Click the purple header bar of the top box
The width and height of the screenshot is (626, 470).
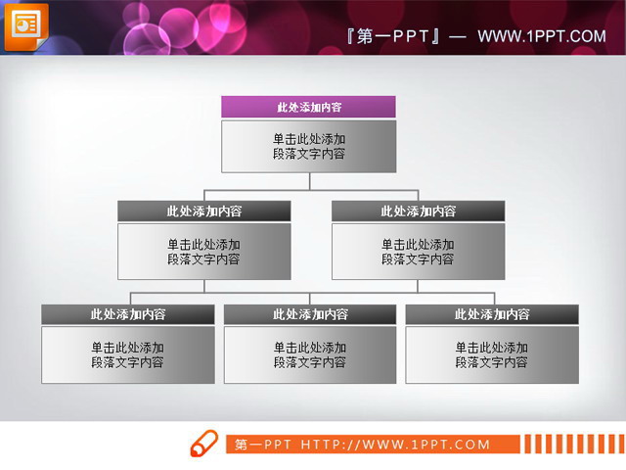(308, 107)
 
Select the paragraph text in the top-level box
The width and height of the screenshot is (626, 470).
(309, 147)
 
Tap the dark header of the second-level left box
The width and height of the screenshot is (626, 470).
(204, 211)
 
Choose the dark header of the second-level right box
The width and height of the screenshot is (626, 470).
(418, 211)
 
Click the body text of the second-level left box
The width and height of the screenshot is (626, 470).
(204, 252)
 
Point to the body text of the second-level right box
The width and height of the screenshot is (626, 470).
(418, 252)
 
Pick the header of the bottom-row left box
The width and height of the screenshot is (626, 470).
(128, 314)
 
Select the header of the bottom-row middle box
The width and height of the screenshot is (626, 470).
(310, 314)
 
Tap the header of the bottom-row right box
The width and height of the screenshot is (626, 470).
(492, 314)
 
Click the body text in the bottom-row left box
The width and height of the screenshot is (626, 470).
(128, 354)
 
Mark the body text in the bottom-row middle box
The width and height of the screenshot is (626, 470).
(310, 354)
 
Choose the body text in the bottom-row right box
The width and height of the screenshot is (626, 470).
(492, 354)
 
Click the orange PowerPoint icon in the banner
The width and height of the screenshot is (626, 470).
(25, 25)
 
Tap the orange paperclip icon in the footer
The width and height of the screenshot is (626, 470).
(203, 444)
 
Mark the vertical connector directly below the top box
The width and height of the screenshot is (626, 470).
(310, 181)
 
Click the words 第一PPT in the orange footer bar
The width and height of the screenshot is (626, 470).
(263, 445)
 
